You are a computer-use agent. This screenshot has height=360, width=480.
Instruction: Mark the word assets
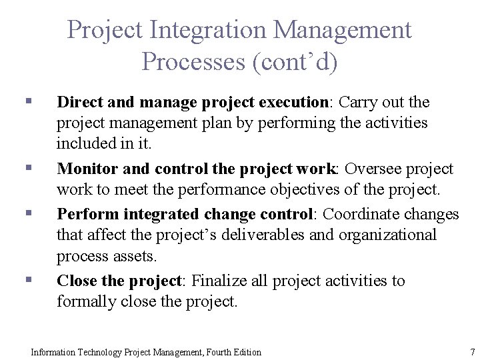point(139,256)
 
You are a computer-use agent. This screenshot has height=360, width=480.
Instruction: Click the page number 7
point(472,352)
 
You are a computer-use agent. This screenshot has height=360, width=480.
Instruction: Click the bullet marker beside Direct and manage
point(28,101)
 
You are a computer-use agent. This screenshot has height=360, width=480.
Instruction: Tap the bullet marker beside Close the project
point(28,280)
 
